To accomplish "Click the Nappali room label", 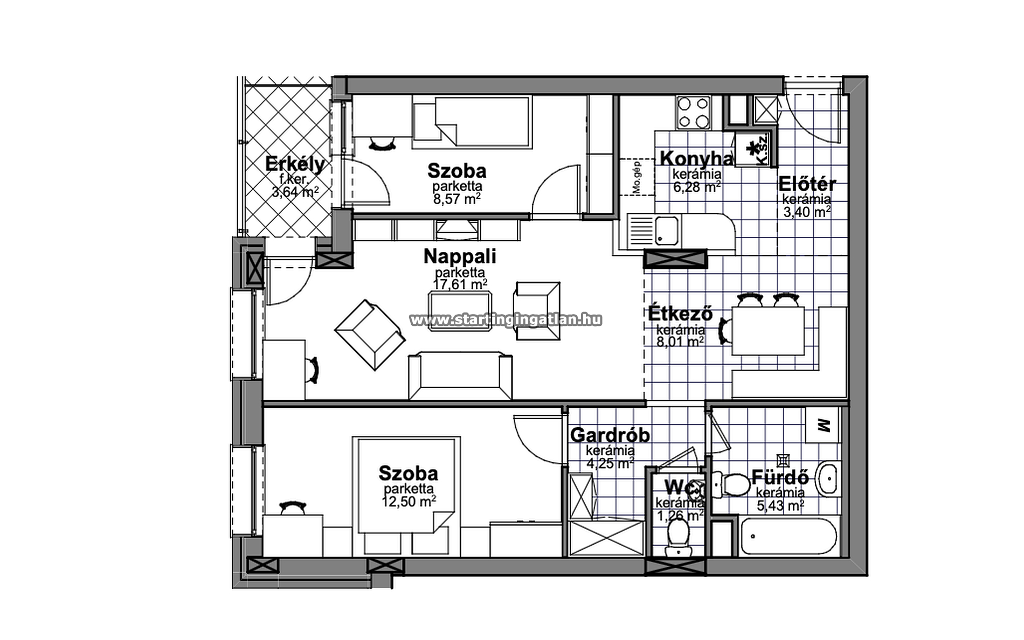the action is click(x=460, y=256).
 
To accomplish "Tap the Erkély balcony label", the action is click(x=295, y=164).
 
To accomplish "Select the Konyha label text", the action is click(x=697, y=158).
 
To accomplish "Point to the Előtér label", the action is click(x=807, y=184).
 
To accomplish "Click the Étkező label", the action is click(x=680, y=313).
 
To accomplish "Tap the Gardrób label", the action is click(x=610, y=434).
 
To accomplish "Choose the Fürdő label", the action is click(x=780, y=477).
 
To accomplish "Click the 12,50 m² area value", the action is click(x=409, y=502).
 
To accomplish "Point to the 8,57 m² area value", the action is click(x=457, y=199).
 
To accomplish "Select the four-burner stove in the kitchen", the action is click(x=694, y=113).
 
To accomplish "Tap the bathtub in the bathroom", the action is click(x=788, y=537).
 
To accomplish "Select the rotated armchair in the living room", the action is click(x=370, y=335).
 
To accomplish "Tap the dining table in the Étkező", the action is click(x=767, y=331).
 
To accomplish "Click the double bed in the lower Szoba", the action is click(x=406, y=496).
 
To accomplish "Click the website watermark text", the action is click(x=506, y=320).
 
